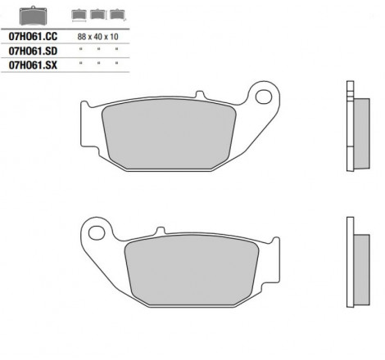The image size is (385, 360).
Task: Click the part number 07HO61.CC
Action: pos(33,36)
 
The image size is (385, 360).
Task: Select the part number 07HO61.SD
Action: pos(33,51)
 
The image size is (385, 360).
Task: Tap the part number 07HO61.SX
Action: pos(33,65)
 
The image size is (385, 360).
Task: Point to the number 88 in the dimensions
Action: pos(82,37)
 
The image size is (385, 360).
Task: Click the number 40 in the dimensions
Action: pos(97,37)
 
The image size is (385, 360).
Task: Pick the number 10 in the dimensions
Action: pos(114,37)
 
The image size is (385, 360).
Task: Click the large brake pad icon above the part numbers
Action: pos(33,16)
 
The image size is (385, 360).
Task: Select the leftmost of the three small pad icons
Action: pos(79,15)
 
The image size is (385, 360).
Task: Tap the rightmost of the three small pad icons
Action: pos(118,15)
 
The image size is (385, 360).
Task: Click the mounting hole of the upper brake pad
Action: pos(264,97)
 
